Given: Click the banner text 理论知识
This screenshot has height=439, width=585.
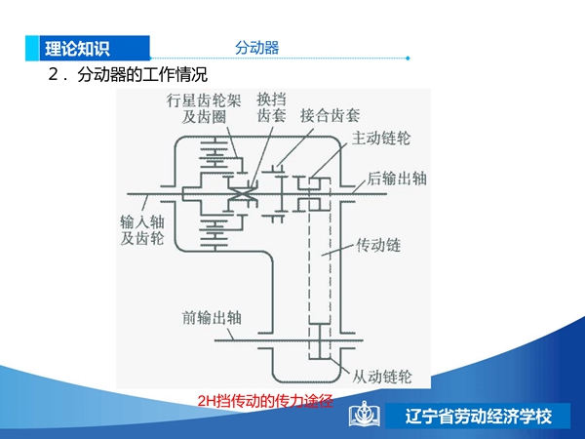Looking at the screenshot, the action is (x=77, y=49).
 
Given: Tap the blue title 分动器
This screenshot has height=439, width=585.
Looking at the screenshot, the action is (x=257, y=48).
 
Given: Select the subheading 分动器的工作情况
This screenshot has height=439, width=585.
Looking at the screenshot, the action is (x=142, y=74).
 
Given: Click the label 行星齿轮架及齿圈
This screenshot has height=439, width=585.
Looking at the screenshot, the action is (x=204, y=108).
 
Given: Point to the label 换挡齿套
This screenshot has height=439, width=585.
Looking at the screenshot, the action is (x=272, y=107).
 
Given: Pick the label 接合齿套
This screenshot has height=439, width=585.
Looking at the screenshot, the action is (x=331, y=116).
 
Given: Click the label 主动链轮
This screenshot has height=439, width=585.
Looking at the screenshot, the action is (x=381, y=139).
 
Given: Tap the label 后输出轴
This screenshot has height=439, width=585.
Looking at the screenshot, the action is (x=397, y=179).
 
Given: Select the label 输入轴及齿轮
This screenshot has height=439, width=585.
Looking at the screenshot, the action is (x=142, y=230).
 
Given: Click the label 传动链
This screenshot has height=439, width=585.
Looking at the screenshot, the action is (x=378, y=245).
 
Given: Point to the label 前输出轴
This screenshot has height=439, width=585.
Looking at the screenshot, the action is (x=212, y=318).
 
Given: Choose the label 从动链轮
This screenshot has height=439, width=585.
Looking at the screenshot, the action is (x=382, y=377).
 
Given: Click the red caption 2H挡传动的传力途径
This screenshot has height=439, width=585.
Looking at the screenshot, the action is (x=265, y=401).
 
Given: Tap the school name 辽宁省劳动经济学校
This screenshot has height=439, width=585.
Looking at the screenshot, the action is (x=479, y=417).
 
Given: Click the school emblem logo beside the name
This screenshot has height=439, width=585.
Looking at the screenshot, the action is (x=365, y=414).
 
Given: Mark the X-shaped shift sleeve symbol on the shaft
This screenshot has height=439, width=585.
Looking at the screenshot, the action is (x=243, y=194).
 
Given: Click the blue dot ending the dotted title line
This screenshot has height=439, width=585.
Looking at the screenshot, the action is (x=408, y=59).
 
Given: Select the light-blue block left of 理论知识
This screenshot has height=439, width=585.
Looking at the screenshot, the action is (x=32, y=48).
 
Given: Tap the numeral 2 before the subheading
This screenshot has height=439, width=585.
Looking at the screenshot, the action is (x=53, y=74).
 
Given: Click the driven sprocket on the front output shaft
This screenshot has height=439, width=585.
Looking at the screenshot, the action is (x=320, y=340).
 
